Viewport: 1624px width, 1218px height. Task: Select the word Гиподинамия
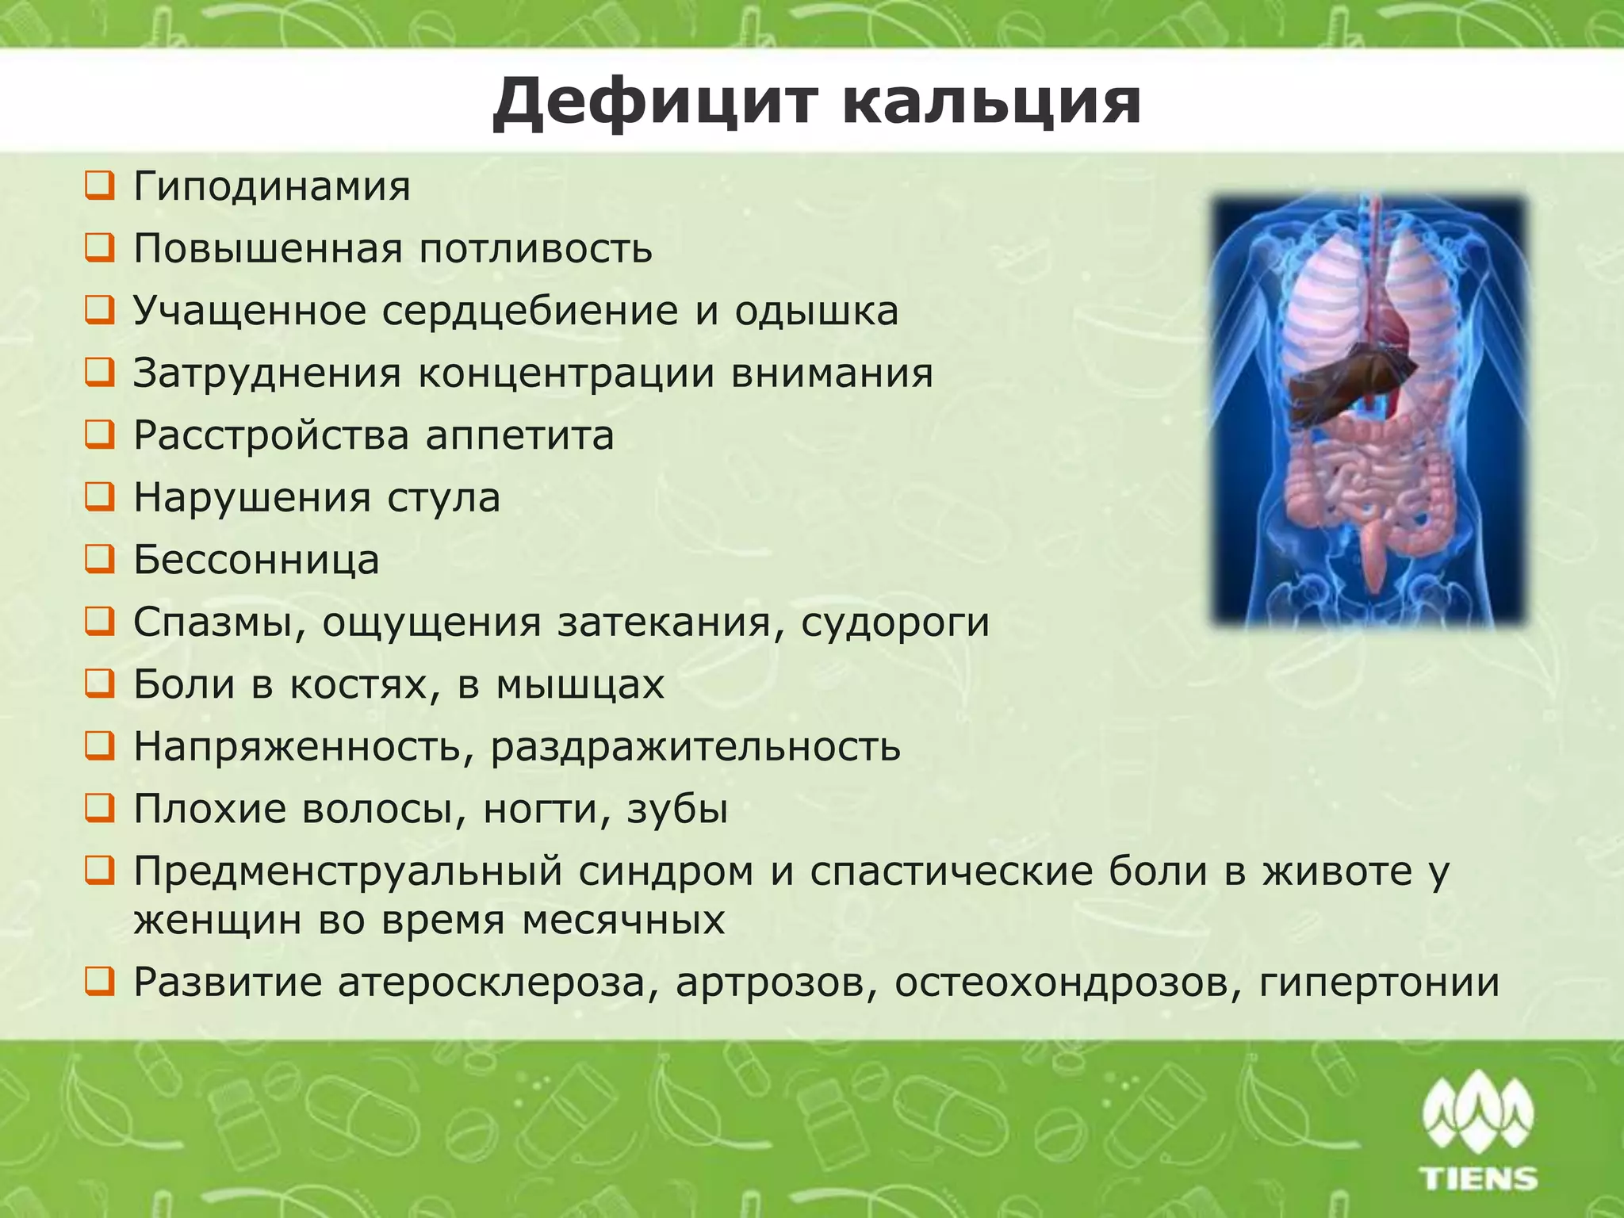pyautogui.click(x=271, y=187)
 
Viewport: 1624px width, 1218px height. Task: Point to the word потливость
pyautogui.click(x=535, y=249)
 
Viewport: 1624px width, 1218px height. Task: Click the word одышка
pyautogui.click(x=816, y=311)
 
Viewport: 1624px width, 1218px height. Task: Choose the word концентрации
pyautogui.click(x=565, y=373)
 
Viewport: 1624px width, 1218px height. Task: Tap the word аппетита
pyautogui.click(x=519, y=435)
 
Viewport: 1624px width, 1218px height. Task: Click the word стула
pyautogui.click(x=443, y=498)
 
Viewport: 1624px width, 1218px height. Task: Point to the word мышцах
pyautogui.click(x=580, y=684)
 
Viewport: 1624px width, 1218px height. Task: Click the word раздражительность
pyautogui.click(x=695, y=747)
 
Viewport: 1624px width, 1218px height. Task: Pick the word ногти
pyautogui.click(x=546, y=810)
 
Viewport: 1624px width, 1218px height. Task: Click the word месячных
pyautogui.click(x=623, y=921)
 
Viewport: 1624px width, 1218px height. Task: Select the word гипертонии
pyautogui.click(x=1379, y=982)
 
